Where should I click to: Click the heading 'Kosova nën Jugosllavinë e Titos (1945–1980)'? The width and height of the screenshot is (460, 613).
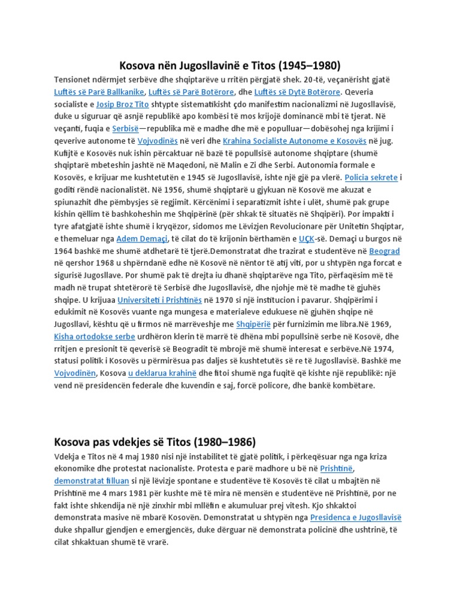pyautogui.click(x=230, y=65)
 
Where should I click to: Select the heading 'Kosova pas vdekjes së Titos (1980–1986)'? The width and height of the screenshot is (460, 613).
pyautogui.click(x=155, y=442)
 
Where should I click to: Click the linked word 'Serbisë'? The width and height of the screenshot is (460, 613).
pyautogui.click(x=125, y=128)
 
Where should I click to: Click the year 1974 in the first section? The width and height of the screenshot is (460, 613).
pyautogui.click(x=387, y=348)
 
